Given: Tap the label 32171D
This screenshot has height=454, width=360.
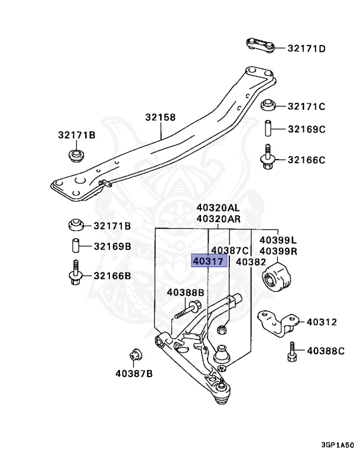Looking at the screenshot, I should (x=307, y=48).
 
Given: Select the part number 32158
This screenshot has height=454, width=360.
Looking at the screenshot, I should (x=160, y=118).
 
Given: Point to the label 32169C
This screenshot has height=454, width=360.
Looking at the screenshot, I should (x=307, y=129).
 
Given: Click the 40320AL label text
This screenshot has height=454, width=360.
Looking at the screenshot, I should (x=219, y=207).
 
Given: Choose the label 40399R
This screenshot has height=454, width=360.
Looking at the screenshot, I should (x=278, y=251).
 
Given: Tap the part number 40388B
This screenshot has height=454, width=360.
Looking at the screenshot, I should (x=185, y=292).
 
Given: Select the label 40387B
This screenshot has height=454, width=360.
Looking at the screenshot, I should (x=134, y=373).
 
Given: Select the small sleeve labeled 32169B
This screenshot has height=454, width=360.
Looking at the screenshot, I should (x=76, y=245).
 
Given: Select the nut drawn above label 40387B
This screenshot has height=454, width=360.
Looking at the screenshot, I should (x=134, y=355).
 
